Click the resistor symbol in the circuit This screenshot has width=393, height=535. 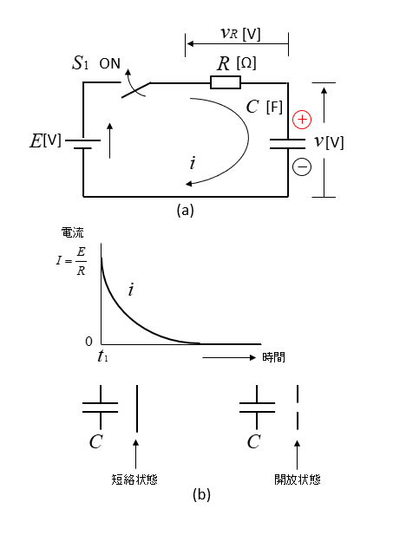coord(226,82)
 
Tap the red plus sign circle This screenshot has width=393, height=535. coord(302,120)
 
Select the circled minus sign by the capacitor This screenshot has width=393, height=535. coord(302,166)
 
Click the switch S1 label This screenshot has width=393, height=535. coord(80,63)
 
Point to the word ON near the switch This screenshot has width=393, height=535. coord(110,64)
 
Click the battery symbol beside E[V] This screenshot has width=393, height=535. coord(83,144)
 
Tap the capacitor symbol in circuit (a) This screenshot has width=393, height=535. coord(287,144)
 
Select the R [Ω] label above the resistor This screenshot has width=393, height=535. coord(237,63)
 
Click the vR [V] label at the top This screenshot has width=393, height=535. coord(241,34)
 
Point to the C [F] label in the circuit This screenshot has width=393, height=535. coord(265,108)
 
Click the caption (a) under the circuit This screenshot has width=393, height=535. coord(186,210)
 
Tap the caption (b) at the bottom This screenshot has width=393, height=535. coord(201,494)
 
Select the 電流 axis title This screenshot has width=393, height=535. coord(72,233)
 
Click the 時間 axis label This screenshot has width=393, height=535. coord(273,357)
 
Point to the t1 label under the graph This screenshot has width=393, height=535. coord(102,356)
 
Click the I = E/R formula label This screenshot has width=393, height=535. coord(71,261)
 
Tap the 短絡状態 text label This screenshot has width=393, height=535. coord(134,480)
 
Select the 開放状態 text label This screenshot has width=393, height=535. coord(298,480)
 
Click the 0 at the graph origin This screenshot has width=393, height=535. coord(88,342)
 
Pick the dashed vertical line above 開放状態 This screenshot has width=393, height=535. coord(298,408)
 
